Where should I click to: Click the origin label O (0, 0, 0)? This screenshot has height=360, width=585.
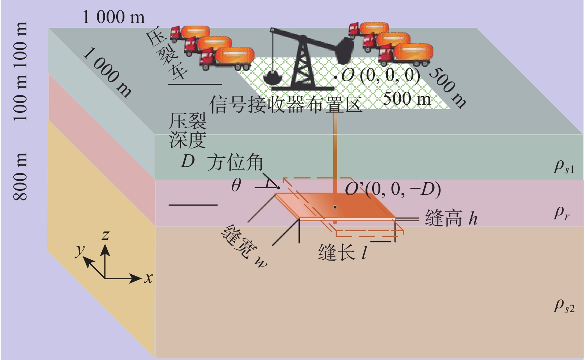click(x=380, y=75)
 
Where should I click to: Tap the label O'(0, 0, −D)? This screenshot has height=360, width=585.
click(x=393, y=189)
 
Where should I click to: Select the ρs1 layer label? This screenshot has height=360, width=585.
click(x=564, y=166)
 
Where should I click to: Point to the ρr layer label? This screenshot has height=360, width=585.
click(x=562, y=213)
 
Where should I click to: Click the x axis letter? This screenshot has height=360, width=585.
click(x=149, y=278)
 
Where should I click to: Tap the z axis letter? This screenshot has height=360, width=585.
click(x=106, y=235)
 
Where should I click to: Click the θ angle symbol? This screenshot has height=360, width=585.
click(x=236, y=184)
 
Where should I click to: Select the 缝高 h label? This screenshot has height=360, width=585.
click(x=451, y=218)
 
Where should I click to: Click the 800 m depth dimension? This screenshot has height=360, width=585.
click(x=20, y=176)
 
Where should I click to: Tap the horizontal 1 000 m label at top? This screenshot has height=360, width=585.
click(x=113, y=17)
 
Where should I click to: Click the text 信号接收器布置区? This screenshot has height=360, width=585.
click(x=285, y=104)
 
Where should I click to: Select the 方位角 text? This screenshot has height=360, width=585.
click(x=235, y=163)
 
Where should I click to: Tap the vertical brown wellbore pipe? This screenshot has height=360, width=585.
click(x=335, y=148)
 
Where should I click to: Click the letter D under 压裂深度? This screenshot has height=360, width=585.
click(x=188, y=161)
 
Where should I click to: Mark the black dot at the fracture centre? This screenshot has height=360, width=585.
click(x=335, y=207)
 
